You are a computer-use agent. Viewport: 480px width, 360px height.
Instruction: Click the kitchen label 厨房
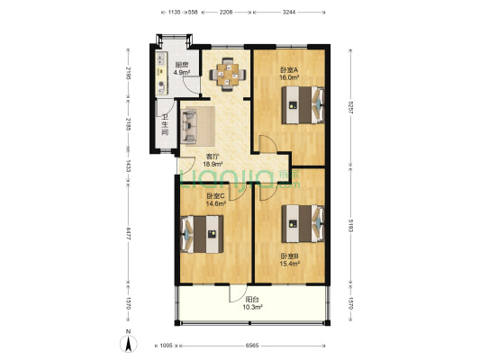(x=181, y=64)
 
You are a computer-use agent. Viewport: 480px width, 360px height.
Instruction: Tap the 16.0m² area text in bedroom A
(x=289, y=77)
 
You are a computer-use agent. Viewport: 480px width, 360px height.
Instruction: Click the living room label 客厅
(x=213, y=156)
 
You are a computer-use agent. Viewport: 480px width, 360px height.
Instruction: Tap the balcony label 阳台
(x=253, y=300)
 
